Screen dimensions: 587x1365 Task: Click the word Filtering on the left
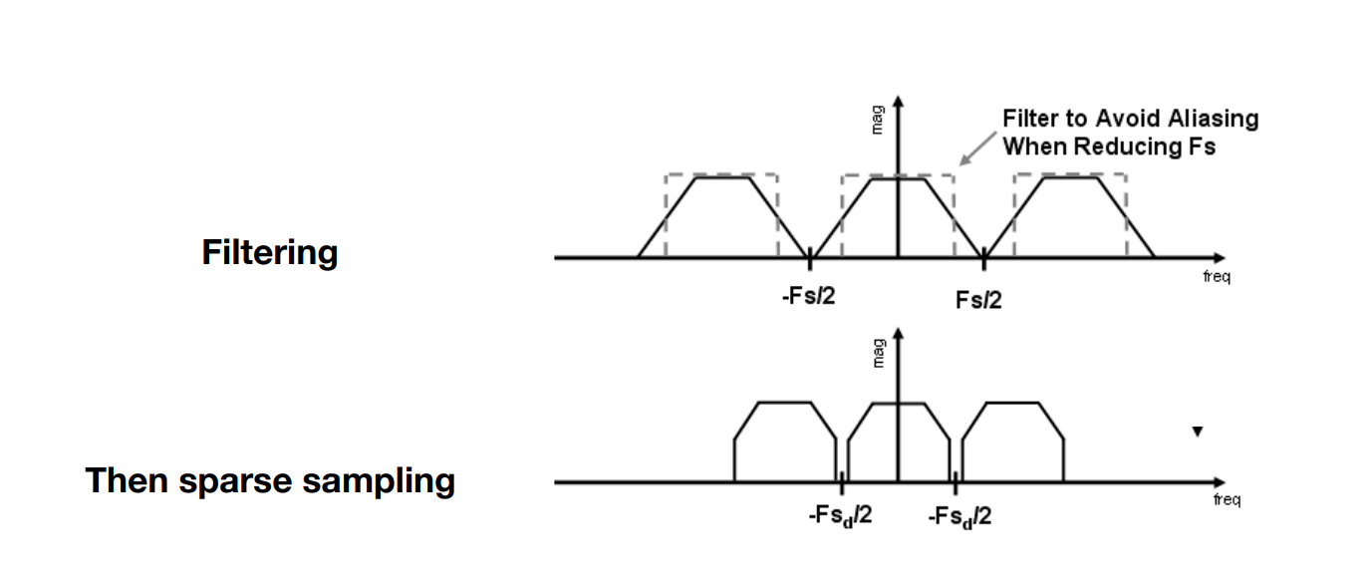point(269,253)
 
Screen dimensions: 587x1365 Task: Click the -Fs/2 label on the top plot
point(808,298)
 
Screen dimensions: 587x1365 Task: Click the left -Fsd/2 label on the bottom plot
point(840,517)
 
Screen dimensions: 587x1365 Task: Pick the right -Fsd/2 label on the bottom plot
point(958,517)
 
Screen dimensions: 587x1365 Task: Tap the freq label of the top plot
point(1216,277)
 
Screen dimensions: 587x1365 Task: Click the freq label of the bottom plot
point(1227,499)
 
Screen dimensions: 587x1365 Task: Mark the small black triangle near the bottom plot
point(1198,432)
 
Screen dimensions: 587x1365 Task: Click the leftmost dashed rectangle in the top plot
point(721,175)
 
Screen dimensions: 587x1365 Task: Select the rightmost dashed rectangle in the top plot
point(1070,175)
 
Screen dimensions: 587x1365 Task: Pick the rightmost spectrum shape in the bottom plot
point(1012,443)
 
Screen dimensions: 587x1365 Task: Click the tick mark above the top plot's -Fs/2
point(810,257)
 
